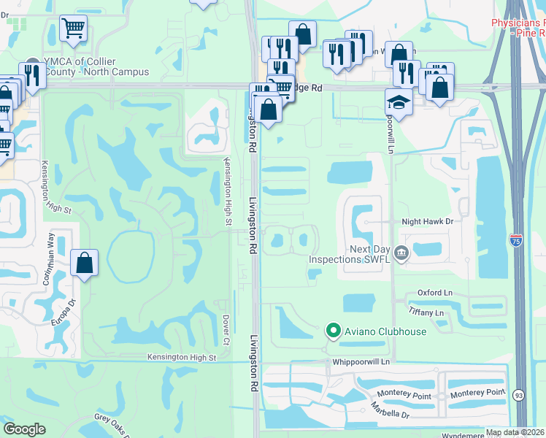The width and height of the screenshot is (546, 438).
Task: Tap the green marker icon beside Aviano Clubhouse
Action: [333, 331]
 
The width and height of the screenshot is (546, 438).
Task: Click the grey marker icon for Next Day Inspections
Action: [401, 253]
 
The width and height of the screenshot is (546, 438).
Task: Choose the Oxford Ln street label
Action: [434, 293]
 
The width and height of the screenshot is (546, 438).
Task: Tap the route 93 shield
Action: [518, 394]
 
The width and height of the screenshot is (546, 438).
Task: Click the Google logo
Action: [24, 429]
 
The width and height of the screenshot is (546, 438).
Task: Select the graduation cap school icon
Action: [399, 101]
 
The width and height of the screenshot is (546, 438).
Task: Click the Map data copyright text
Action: [515, 432]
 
